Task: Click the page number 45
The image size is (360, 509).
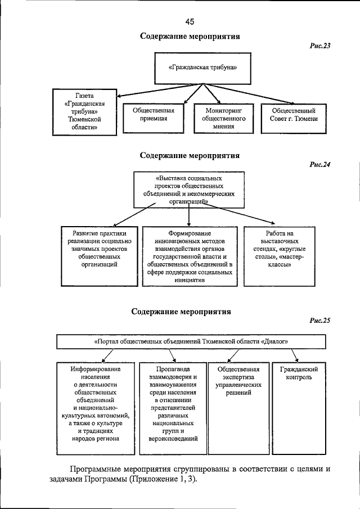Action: [188, 21]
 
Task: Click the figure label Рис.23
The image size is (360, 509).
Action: [319, 46]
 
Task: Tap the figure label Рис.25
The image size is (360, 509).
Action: [319, 321]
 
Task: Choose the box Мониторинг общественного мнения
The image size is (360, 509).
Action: [224, 119]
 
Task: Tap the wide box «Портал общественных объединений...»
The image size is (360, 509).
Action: [191, 341]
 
